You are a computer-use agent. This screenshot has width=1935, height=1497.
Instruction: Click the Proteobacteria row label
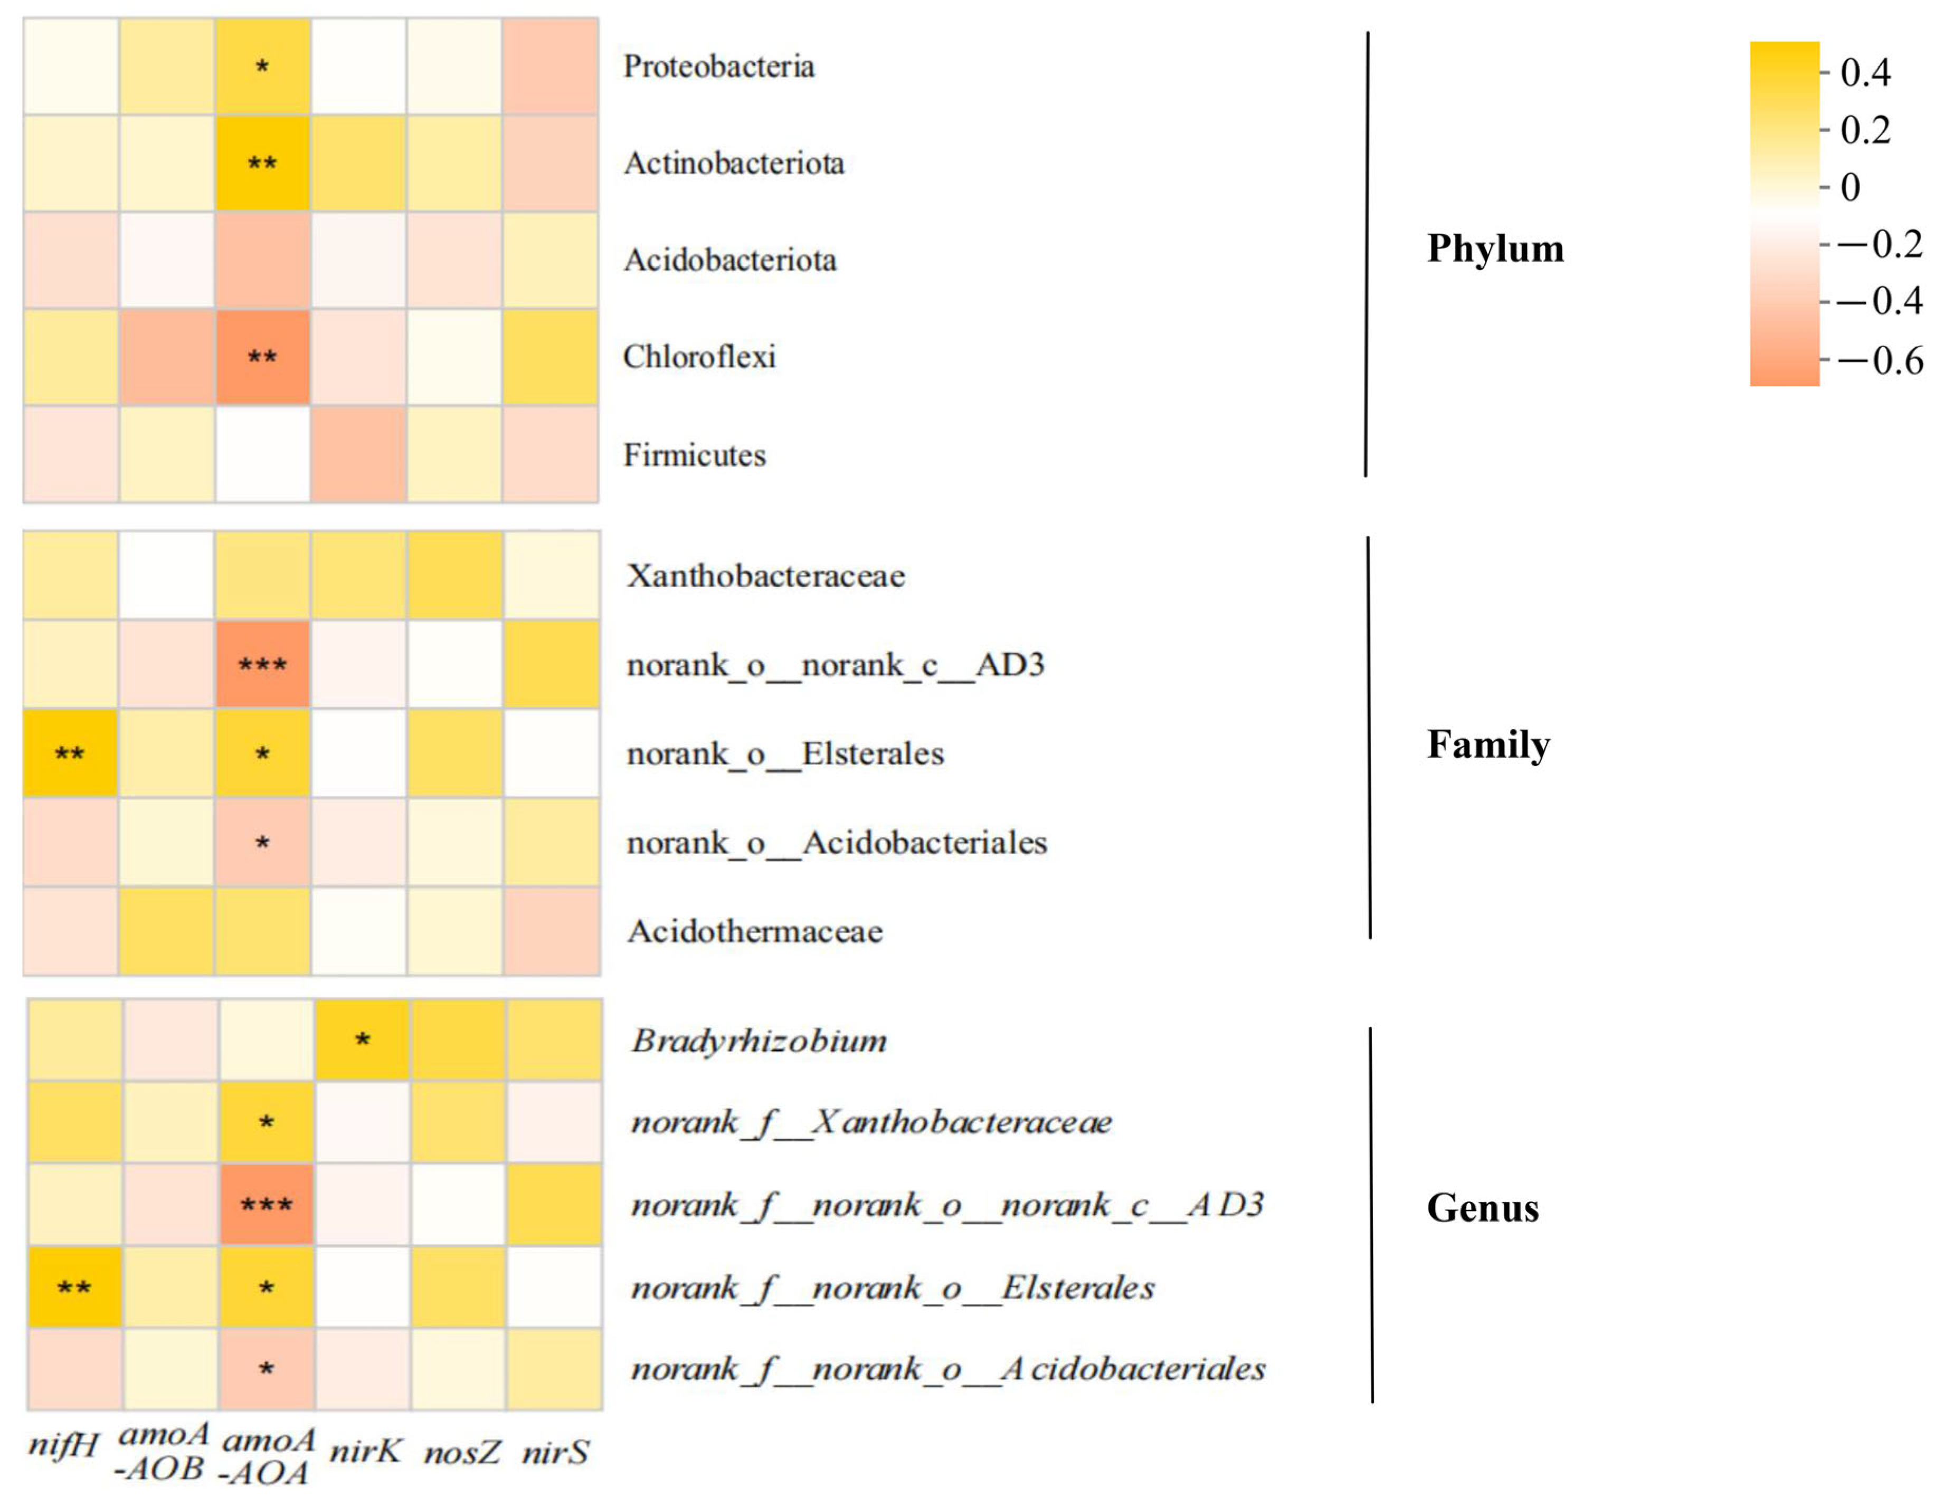[718, 66]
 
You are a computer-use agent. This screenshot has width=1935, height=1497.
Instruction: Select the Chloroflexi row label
[699, 357]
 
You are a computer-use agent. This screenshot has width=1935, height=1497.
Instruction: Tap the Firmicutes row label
[695, 455]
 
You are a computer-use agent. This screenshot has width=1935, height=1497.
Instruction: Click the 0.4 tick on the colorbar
[1865, 73]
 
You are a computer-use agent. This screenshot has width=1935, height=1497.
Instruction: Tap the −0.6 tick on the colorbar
[1879, 360]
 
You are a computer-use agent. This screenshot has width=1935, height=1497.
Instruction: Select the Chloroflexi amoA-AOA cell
[262, 357]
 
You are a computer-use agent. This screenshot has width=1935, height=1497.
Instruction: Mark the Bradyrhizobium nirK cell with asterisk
[363, 1041]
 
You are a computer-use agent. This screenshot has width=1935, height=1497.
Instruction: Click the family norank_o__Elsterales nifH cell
[70, 754]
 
